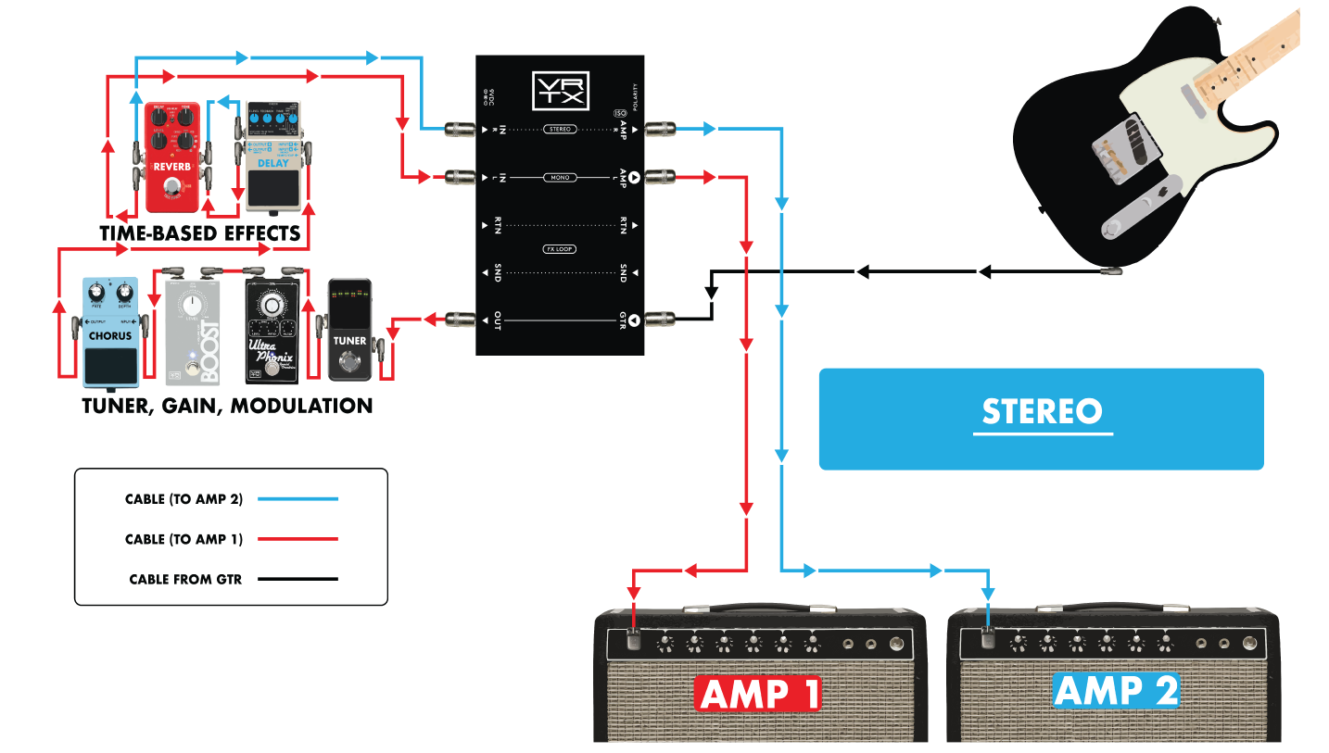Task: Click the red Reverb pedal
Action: click(x=172, y=157)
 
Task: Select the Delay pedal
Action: click(x=272, y=154)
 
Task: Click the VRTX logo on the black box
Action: click(x=560, y=91)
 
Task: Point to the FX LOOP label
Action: click(x=560, y=249)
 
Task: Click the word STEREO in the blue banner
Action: click(x=1042, y=411)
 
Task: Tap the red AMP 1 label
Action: click(x=759, y=695)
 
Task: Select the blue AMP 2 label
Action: click(x=1116, y=691)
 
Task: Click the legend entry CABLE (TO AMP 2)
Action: click(x=184, y=499)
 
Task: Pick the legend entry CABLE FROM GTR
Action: click(x=185, y=580)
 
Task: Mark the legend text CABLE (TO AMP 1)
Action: click(x=184, y=539)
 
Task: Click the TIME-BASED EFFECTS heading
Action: click(x=200, y=233)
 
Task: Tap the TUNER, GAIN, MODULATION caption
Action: click(x=227, y=406)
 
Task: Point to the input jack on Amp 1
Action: click(x=634, y=637)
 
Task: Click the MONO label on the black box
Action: click(x=560, y=177)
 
